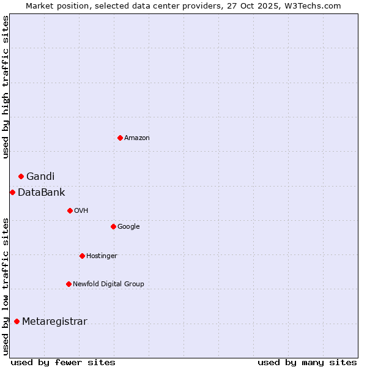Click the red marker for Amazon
click(x=120, y=138)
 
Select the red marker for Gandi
click(x=21, y=176)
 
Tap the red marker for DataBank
click(x=12, y=192)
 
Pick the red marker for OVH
click(x=70, y=210)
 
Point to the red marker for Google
click(x=113, y=226)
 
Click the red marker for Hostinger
click(x=82, y=256)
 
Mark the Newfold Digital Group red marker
click(x=69, y=284)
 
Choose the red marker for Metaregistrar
click(x=17, y=321)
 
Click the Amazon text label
click(x=137, y=138)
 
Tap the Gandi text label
click(x=40, y=177)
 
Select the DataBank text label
click(x=42, y=193)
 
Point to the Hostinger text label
click(x=102, y=256)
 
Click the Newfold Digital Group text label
click(x=108, y=284)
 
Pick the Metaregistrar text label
click(x=54, y=322)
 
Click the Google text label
click(x=128, y=227)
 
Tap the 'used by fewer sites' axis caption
click(x=63, y=362)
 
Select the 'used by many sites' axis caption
click(x=307, y=362)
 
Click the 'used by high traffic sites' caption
click(x=6, y=87)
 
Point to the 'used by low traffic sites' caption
click(x=6, y=286)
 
